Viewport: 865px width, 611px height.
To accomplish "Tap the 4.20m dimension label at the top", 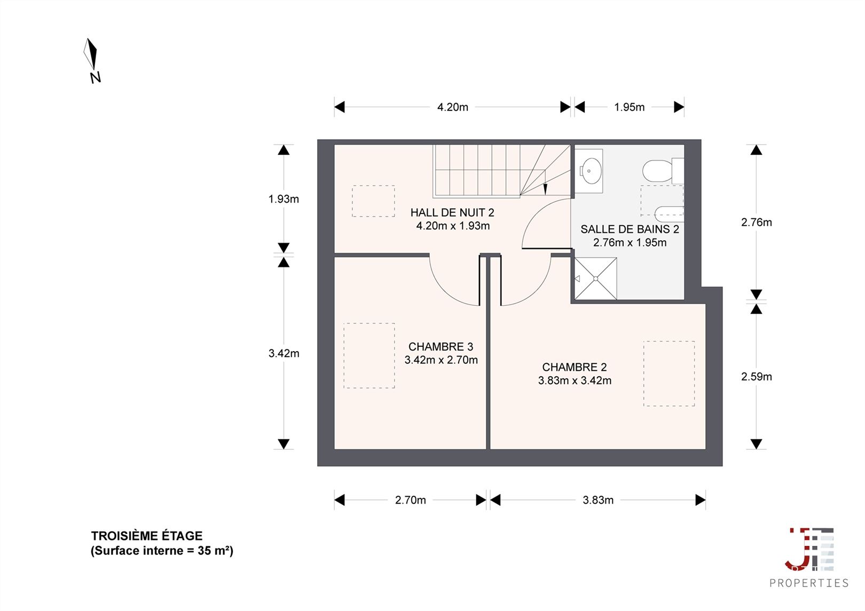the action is pos(453,107).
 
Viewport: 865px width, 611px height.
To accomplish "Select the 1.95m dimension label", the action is pos(630,107).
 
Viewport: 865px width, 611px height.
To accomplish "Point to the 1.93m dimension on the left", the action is pos(284,199).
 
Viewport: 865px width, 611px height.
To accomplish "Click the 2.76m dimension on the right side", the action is pos(757,223).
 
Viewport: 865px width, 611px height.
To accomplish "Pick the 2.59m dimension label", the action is pos(757,377).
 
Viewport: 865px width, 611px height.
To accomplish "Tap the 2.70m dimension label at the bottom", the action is pos(411,500).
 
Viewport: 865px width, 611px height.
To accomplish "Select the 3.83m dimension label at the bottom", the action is pos(598,500).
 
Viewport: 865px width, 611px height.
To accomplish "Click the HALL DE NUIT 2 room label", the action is pos(452,213).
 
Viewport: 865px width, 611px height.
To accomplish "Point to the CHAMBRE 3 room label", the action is pos(441,347).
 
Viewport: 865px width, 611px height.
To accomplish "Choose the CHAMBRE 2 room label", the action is pos(575,367).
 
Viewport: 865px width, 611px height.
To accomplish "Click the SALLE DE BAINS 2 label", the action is pos(630,229).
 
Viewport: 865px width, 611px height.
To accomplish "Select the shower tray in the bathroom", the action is pos(595,279).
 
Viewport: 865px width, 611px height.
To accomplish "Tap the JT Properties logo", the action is pos(809,558).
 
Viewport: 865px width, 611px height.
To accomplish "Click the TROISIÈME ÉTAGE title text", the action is pos(147,536).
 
